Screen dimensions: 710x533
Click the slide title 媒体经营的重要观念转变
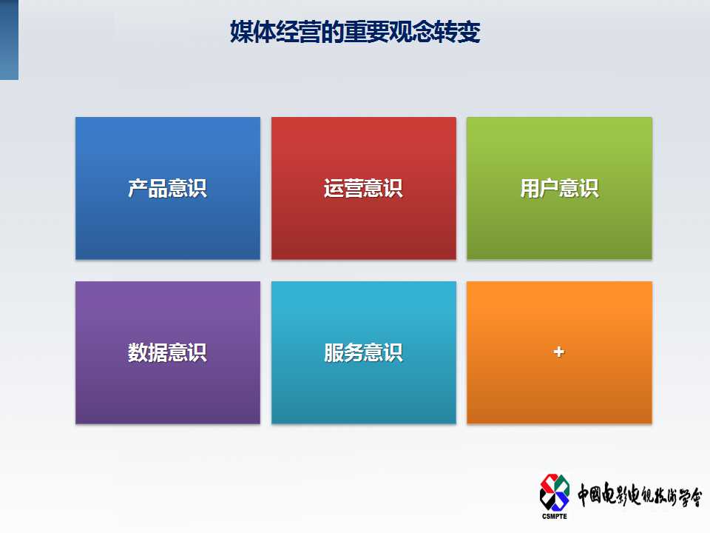[355, 32]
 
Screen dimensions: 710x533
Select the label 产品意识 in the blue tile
[168, 188]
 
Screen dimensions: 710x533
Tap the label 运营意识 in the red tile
[363, 188]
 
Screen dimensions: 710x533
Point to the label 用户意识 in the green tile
[560, 188]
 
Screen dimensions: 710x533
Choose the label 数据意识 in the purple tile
[168, 352]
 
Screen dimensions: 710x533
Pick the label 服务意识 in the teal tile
[363, 352]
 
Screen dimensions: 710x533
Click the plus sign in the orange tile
[559, 352]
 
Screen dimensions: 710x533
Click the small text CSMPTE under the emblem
[554, 516]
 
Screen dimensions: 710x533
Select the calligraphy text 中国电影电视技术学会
[639, 495]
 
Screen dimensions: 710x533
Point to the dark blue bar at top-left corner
[9, 40]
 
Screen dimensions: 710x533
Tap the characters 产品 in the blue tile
[148, 188]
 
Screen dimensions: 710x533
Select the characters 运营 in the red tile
[343, 188]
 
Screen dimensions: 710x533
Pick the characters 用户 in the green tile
[540, 188]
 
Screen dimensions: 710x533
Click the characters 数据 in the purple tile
[148, 352]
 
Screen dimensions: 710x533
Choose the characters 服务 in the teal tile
[343, 352]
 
